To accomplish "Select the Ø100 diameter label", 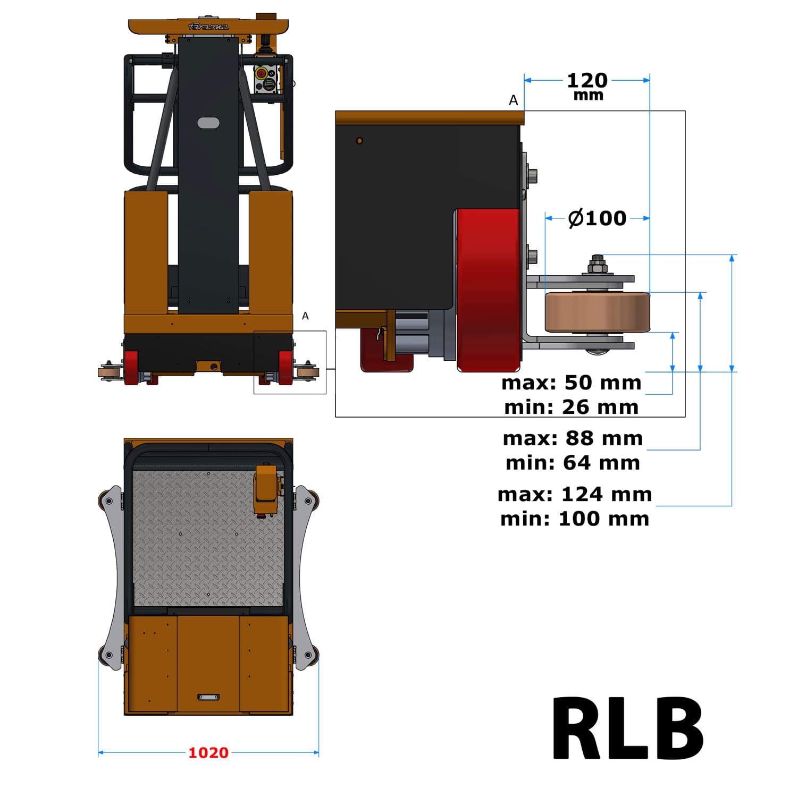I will pos(597,218).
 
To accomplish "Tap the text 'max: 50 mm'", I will pos(571,383).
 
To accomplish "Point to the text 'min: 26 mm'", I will pos(571,408).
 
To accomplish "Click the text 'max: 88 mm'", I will pos(573,438).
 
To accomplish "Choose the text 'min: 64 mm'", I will pos(573,463).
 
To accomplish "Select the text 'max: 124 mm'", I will pos(575,494).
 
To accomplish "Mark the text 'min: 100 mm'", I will pos(575,519).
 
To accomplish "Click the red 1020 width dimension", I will pos(208,753).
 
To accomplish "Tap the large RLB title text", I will pos(628,729).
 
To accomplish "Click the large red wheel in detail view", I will pos(488,290).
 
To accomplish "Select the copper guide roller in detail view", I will pos(597,312).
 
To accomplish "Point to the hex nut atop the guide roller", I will pos(598,265).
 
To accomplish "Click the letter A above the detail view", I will pos(513,100).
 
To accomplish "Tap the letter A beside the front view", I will pos(305,316).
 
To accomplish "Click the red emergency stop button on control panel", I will pos(261,73).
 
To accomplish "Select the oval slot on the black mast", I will pos(208,123).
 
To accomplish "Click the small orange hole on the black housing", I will pos(359,141).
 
